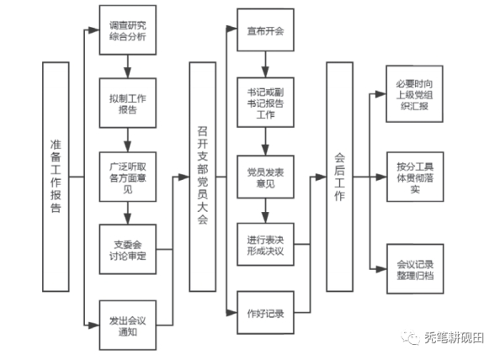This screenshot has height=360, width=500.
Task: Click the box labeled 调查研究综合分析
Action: click(128, 30)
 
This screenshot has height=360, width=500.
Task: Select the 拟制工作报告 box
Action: click(128, 103)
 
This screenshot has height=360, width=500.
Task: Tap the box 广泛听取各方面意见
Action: click(128, 177)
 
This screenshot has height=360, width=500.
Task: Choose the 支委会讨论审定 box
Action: click(128, 249)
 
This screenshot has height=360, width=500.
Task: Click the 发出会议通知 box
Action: click(128, 326)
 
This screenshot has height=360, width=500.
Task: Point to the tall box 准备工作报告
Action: click(56, 177)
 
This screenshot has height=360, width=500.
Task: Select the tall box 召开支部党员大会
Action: click(203, 177)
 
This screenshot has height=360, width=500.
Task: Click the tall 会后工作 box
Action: click(339, 177)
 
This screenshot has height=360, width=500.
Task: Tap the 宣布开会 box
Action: click(265, 29)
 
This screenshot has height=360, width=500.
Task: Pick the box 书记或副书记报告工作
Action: click(265, 103)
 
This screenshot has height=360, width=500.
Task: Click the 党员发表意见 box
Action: click(265, 177)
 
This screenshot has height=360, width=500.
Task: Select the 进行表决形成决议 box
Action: click(265, 245)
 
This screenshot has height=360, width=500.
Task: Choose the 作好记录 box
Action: click(265, 313)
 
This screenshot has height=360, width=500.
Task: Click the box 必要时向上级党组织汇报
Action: click(414, 94)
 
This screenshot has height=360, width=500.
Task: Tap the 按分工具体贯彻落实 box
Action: click(415, 177)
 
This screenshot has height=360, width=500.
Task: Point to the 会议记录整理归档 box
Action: click(415, 269)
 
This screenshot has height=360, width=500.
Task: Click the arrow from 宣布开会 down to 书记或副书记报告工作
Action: click(265, 64)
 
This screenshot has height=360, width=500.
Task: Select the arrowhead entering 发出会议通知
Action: click(93, 326)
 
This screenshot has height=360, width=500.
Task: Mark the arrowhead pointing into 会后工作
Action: click(321, 177)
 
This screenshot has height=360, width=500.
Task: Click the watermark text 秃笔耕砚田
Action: click(454, 337)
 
